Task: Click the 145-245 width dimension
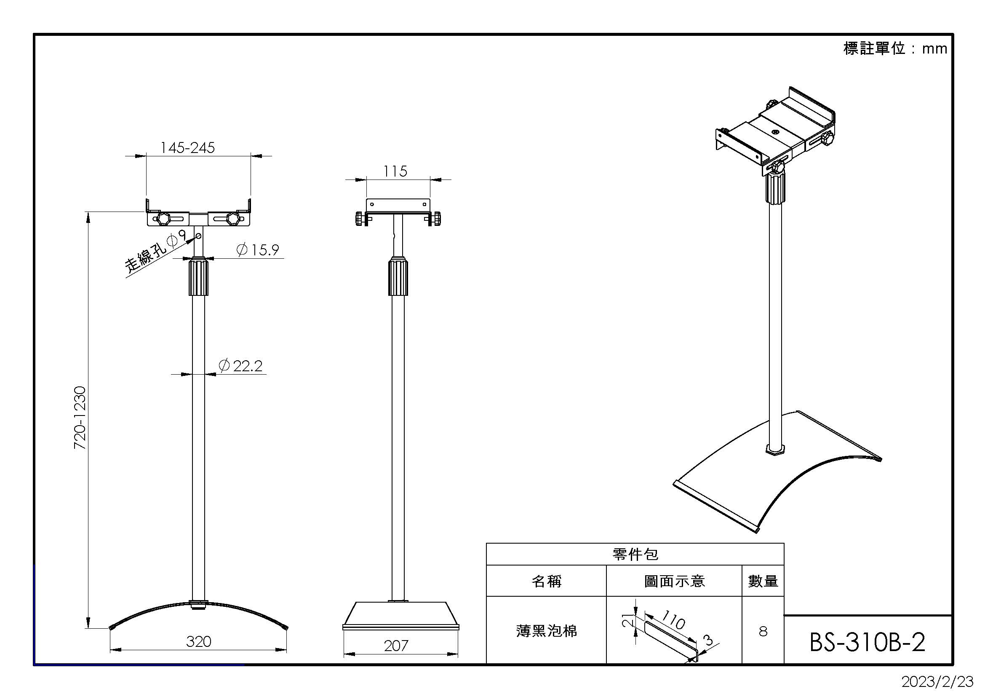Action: (x=187, y=147)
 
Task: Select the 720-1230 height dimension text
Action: (x=80, y=418)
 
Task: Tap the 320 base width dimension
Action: (x=199, y=641)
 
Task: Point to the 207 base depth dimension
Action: (x=396, y=646)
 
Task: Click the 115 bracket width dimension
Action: (x=395, y=171)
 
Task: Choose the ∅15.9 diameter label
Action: (x=258, y=249)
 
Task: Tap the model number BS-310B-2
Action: (x=867, y=642)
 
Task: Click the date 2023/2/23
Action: (x=937, y=681)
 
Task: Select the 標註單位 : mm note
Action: (x=895, y=48)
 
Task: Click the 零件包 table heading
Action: (x=635, y=554)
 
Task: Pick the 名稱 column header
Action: (x=546, y=581)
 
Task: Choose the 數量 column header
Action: (x=763, y=581)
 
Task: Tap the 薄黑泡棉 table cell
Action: (x=546, y=631)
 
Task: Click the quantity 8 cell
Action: (x=763, y=631)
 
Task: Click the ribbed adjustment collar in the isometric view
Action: (x=775, y=187)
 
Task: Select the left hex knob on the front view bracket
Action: (x=163, y=219)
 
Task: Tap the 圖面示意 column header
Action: (x=674, y=581)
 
